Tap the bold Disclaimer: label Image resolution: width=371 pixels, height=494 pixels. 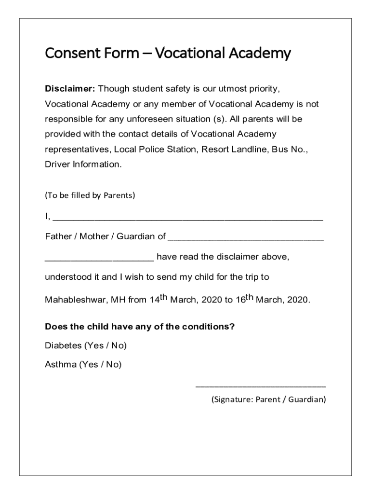[70, 89]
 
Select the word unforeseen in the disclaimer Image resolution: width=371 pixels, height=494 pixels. [154, 119]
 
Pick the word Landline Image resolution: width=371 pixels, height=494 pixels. [252, 149]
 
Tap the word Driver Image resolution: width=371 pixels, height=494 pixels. [57, 164]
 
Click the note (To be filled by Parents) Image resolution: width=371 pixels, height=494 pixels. [90, 195]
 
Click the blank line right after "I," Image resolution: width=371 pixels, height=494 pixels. [188, 219]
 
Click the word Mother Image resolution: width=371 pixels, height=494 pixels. [94, 236]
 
